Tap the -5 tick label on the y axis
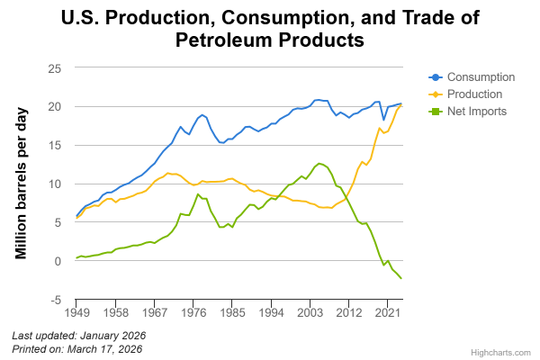tap(57, 301)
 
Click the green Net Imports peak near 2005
tap(319, 163)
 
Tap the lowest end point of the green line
tap(401, 280)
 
